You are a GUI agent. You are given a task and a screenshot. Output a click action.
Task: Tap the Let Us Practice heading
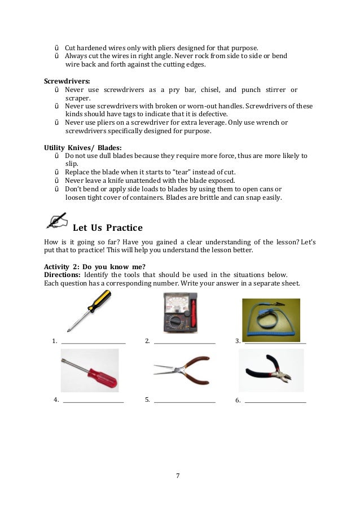click(108, 228)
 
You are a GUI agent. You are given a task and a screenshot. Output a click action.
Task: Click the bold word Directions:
click(62, 274)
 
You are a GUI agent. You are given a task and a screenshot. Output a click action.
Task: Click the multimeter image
click(180, 311)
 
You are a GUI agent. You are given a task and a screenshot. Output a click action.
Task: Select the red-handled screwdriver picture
click(90, 370)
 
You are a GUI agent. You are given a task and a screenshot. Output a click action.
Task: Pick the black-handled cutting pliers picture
click(271, 371)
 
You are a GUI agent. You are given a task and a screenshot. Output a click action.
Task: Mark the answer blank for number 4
click(93, 402)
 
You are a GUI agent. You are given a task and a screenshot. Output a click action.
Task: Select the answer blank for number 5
click(185, 402)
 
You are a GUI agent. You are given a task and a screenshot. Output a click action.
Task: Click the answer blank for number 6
click(275, 402)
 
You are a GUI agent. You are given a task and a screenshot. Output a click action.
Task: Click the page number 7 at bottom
click(178, 476)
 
